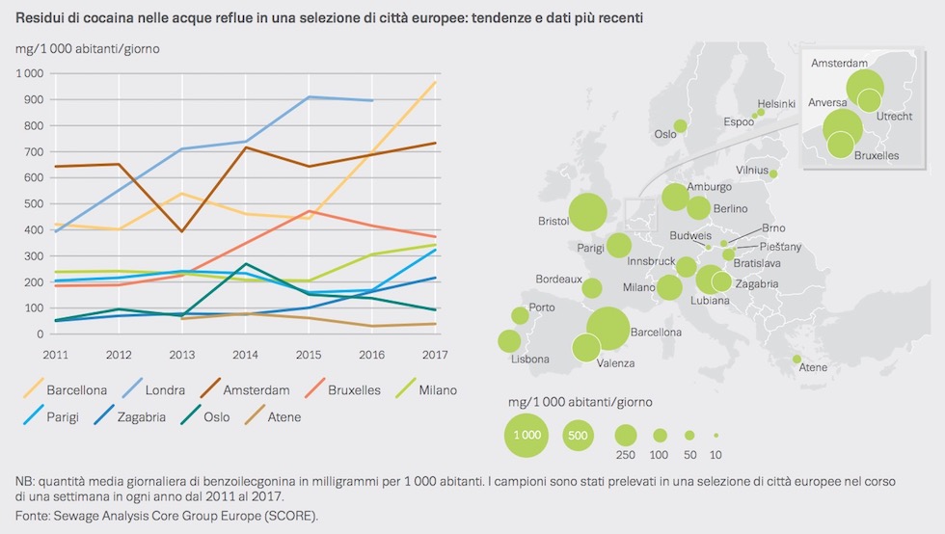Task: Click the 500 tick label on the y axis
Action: [33, 203]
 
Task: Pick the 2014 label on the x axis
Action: [247, 352]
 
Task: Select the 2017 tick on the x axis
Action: [436, 352]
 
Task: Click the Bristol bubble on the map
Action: [587, 213]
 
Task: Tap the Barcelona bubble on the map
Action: [607, 328]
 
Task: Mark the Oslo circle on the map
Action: [680, 125]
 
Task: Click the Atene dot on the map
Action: [796, 360]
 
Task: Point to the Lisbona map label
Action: [530, 360]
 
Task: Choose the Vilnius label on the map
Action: [751, 170]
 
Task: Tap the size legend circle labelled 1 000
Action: [526, 435]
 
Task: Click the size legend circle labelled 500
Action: [579, 435]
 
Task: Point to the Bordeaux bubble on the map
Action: [592, 287]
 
